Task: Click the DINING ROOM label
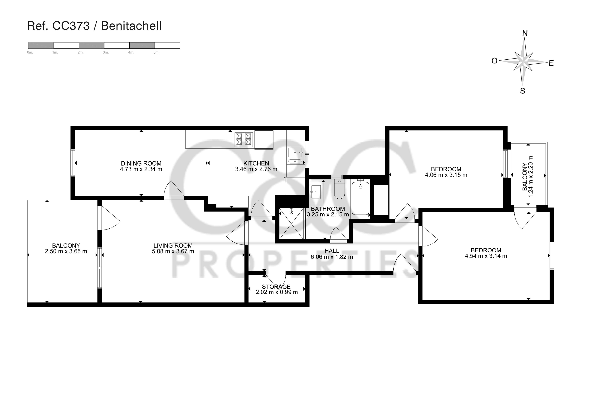(x=141, y=163)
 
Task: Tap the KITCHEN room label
(x=256, y=163)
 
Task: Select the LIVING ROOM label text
(x=173, y=246)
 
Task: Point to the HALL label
(x=332, y=251)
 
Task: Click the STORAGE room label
(x=276, y=287)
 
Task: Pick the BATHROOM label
(x=328, y=209)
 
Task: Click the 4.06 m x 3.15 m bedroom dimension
(x=446, y=175)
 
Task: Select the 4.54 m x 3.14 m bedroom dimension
(x=486, y=256)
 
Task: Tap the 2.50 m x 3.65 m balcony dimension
(x=66, y=252)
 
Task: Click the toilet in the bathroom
(x=339, y=189)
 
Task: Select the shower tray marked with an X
(x=291, y=224)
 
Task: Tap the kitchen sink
(x=295, y=155)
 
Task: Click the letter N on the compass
(x=525, y=33)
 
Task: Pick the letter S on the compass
(x=522, y=91)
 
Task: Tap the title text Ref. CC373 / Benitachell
(x=94, y=26)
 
